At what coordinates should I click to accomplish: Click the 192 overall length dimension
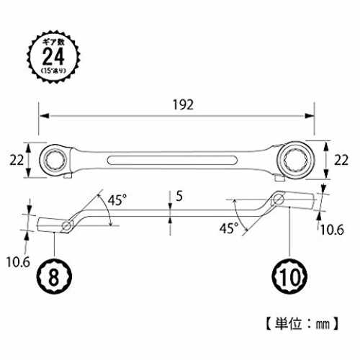click(183, 105)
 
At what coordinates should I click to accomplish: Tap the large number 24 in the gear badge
click(53, 56)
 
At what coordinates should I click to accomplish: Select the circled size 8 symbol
click(54, 276)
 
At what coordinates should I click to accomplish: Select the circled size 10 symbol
click(289, 276)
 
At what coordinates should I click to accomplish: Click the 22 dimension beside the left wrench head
click(17, 160)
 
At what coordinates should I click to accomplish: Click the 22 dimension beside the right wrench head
click(341, 160)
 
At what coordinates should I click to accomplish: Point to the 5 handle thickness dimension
click(179, 196)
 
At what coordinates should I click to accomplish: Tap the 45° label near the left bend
click(117, 200)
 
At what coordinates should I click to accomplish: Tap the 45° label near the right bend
click(229, 228)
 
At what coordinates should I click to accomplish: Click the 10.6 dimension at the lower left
click(18, 262)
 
